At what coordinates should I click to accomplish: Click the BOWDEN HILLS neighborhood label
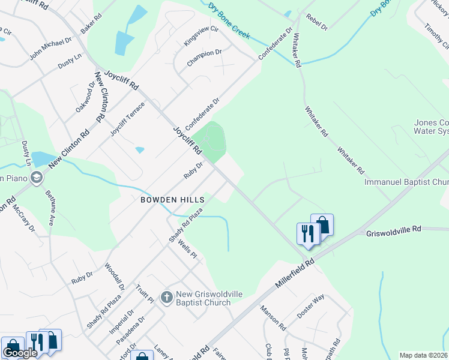173,199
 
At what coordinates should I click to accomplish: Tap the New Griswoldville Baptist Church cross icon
166,296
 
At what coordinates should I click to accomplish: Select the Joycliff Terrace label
127,118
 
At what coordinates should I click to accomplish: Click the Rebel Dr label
316,23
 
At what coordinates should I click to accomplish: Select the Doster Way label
311,306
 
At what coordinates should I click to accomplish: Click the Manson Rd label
273,318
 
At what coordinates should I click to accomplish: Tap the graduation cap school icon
37,177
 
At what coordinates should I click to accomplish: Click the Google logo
20,353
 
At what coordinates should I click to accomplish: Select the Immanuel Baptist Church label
406,181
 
